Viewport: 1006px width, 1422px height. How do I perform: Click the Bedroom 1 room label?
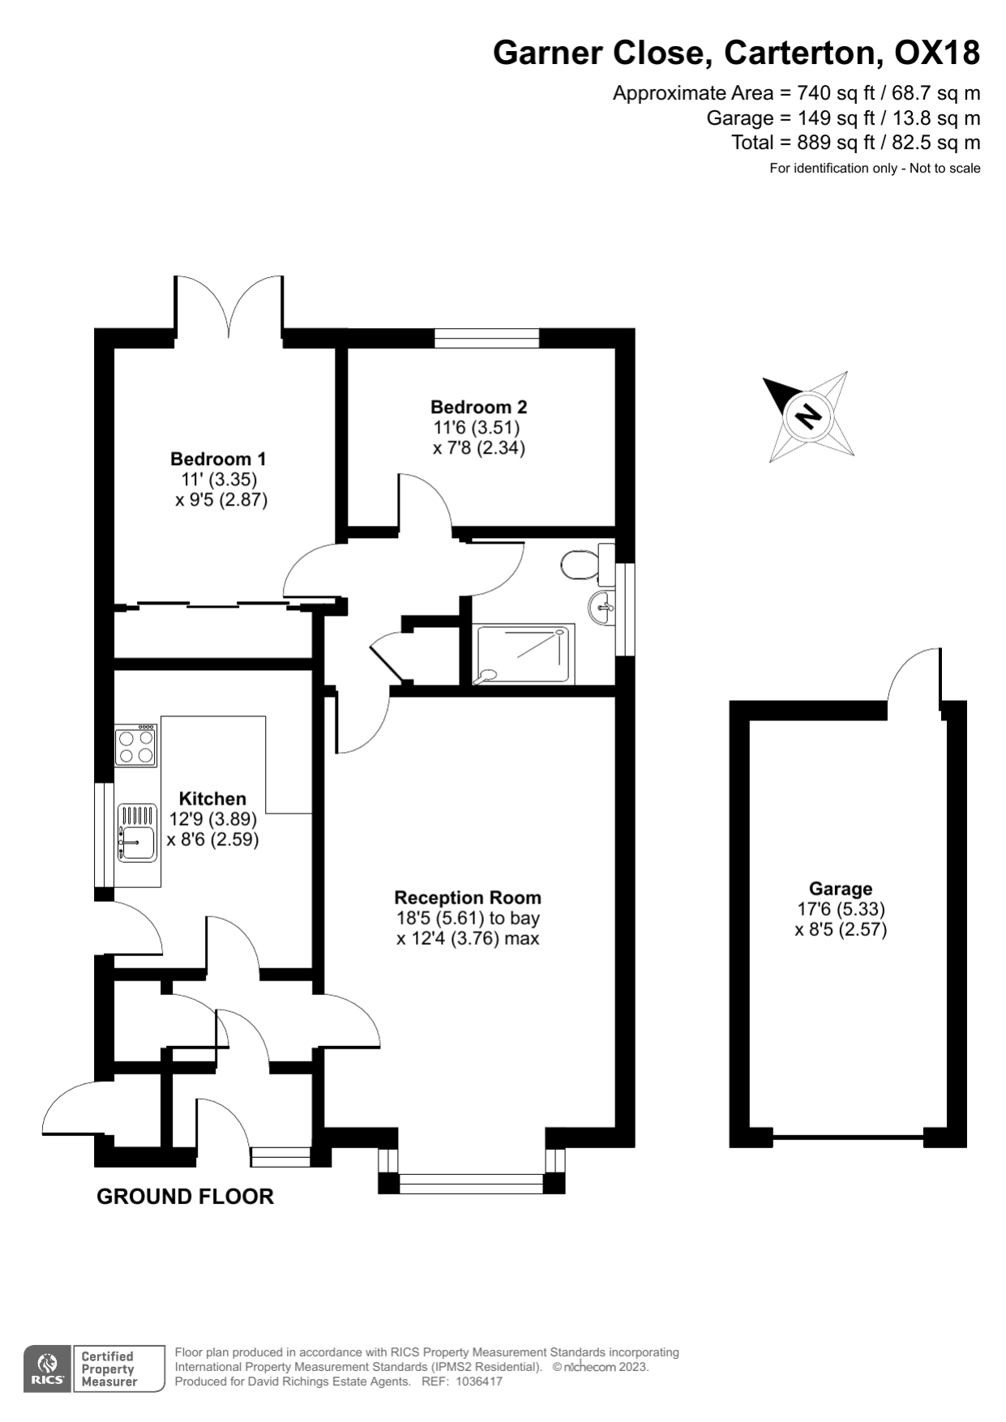tap(218, 459)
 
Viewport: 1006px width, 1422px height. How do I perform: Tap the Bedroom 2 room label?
tap(478, 407)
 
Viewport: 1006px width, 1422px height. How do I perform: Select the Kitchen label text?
tap(212, 798)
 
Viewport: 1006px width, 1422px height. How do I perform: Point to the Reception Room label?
tap(468, 898)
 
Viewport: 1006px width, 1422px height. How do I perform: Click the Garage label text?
tap(841, 889)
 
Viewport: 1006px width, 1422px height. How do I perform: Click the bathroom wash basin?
tap(601, 607)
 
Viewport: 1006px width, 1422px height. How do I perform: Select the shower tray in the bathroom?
tap(525, 654)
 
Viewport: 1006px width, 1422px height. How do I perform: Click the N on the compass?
tap(807, 416)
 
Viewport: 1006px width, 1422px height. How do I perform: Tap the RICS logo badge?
tap(47, 1369)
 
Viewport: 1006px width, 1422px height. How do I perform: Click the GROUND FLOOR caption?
tap(185, 1196)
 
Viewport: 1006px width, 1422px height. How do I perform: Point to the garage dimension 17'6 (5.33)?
tap(841, 909)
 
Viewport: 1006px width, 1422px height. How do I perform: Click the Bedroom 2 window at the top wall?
tap(486, 338)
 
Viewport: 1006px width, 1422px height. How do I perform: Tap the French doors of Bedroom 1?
tap(229, 312)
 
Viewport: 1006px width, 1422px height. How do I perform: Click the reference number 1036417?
tap(479, 1381)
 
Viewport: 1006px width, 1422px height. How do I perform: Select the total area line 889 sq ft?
tap(855, 143)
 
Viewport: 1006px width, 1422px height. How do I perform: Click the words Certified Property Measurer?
tap(109, 1369)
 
